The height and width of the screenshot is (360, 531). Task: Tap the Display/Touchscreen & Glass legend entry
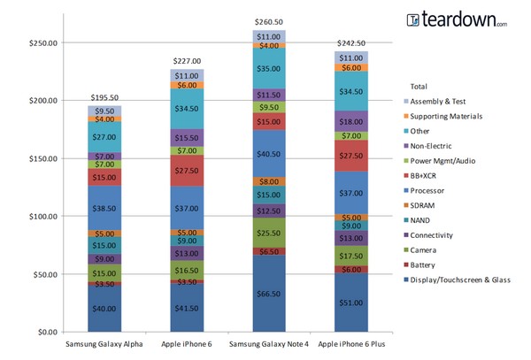pos(461,280)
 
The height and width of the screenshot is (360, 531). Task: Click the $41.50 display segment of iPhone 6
pos(186,307)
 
